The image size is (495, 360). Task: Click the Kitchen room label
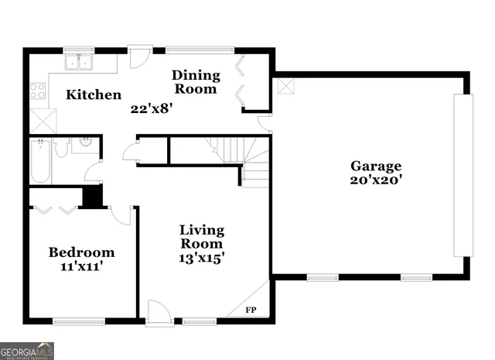click(93, 95)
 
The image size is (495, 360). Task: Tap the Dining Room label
click(196, 82)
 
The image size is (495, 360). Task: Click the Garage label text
click(376, 166)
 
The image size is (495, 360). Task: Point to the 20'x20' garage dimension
click(376, 181)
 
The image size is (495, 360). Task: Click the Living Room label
click(202, 237)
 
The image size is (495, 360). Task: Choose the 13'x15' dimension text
click(202, 259)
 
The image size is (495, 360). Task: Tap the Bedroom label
click(81, 252)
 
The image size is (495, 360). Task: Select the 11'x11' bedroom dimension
click(81, 267)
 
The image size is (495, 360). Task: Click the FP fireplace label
click(251, 310)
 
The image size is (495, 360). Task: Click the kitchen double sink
click(78, 62)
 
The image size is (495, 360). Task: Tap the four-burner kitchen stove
click(38, 91)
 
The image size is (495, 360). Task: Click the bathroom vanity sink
click(84, 142)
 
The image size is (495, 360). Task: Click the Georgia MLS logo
click(27, 352)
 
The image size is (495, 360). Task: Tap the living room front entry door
click(159, 312)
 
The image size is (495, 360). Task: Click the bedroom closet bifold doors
click(54, 210)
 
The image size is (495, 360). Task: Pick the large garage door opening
click(463, 175)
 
